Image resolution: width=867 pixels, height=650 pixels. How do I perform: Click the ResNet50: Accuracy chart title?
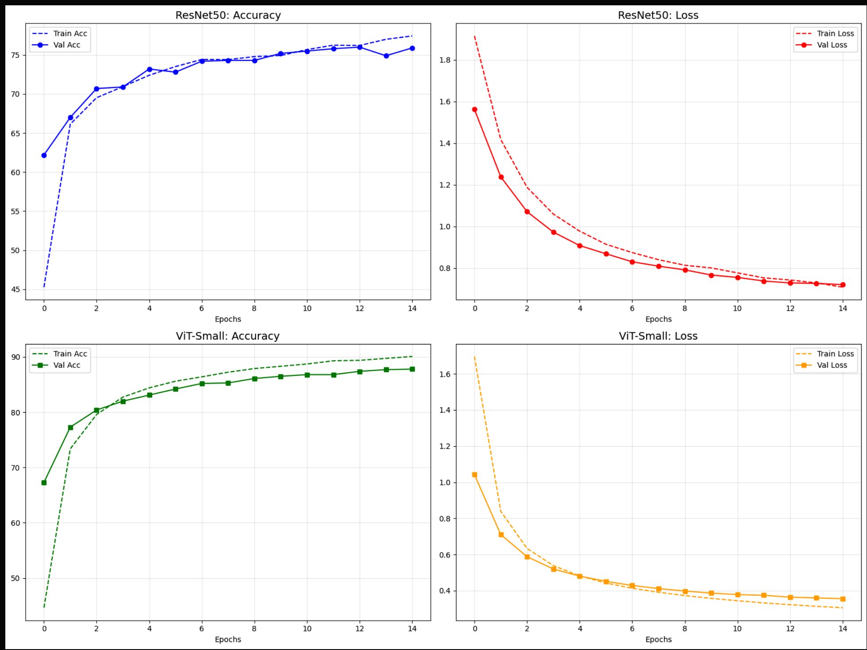click(x=228, y=15)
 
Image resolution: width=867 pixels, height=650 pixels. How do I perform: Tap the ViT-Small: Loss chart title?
click(x=658, y=336)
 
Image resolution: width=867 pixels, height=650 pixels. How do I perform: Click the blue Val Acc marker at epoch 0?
click(x=44, y=155)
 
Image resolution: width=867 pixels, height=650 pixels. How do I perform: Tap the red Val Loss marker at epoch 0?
click(x=475, y=109)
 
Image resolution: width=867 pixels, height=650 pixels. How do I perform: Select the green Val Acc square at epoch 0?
click(x=44, y=483)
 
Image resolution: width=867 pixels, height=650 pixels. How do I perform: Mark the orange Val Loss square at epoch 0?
click(x=475, y=475)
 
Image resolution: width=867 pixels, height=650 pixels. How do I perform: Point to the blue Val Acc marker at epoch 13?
click(x=386, y=56)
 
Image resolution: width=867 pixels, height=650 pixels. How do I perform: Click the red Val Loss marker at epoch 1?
click(x=501, y=177)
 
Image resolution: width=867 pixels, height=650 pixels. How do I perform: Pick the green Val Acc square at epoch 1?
click(x=70, y=428)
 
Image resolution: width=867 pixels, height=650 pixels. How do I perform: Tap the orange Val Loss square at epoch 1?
click(x=501, y=535)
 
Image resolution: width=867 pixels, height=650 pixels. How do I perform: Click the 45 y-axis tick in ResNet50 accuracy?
click(x=16, y=290)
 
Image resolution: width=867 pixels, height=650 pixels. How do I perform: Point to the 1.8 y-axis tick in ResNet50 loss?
click(x=445, y=60)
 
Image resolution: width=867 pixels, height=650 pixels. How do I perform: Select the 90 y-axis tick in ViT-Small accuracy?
click(x=16, y=357)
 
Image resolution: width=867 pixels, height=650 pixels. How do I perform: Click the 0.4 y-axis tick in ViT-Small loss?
click(x=445, y=591)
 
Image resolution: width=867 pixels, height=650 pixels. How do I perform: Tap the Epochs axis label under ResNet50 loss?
click(x=658, y=319)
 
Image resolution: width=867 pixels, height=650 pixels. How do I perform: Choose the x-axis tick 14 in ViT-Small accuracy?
click(x=412, y=629)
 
